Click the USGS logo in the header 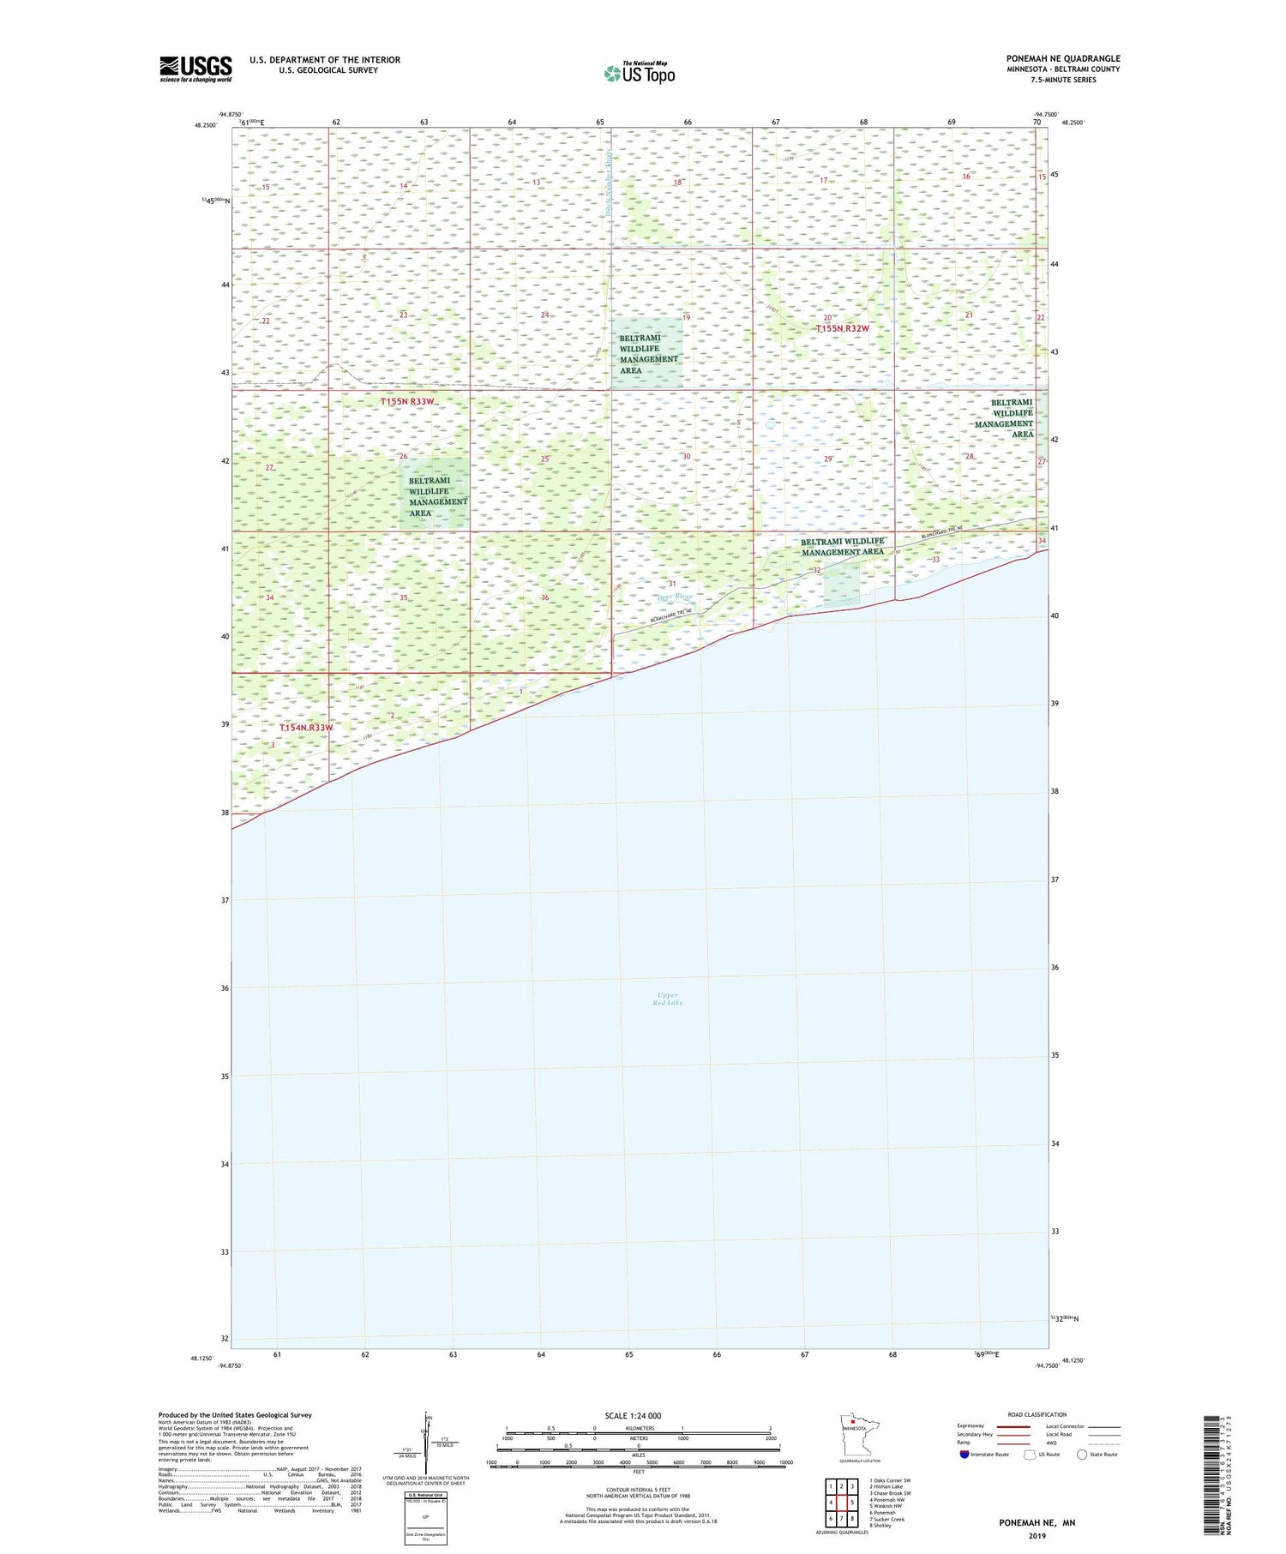195,69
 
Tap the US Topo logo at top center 640,73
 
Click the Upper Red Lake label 667,999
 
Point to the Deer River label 674,597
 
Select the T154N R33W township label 306,728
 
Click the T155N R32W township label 842,328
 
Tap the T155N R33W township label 407,401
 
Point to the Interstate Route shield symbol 964,1455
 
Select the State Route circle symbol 1082,1455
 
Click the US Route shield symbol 1030,1455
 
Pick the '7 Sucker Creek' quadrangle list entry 886,1519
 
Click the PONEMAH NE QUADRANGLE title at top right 1063,58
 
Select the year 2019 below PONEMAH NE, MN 1037,1535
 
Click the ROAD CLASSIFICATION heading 1037,1414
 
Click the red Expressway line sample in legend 1013,1426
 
